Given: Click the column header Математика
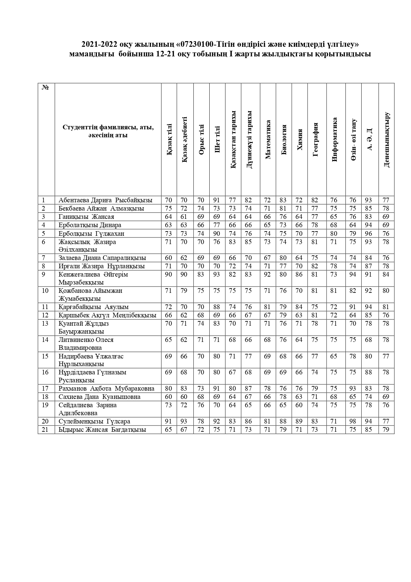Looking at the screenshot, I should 268,140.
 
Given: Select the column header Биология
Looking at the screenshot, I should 284,140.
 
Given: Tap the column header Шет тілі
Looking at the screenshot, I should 217,140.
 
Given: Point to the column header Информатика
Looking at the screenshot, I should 334,140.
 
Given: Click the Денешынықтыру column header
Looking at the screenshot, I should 386,140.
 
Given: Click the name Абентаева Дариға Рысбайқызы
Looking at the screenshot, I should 105,200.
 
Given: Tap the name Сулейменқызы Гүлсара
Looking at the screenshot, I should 94,421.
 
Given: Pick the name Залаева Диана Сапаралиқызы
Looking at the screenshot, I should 102,258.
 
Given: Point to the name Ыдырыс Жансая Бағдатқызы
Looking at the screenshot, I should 102,430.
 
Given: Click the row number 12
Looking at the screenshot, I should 45,315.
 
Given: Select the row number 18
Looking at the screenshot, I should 45,397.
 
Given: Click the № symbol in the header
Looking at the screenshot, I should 45,88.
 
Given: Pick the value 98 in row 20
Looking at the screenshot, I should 353,421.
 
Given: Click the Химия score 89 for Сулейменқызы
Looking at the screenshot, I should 299,421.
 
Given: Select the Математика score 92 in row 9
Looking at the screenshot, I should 267,275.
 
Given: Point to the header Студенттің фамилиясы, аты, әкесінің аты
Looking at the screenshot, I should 108,131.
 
